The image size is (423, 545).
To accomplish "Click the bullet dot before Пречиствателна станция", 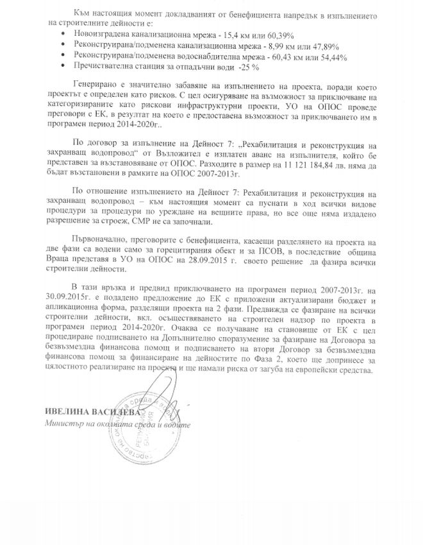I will coord(60,67).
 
